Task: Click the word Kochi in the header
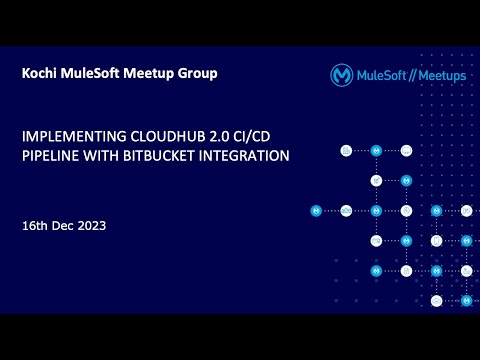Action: [39, 74]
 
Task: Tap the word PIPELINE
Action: [50, 156]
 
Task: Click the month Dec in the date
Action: [65, 226]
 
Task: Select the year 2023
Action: [92, 226]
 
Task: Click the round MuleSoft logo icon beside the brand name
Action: [342, 75]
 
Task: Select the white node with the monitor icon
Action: [346, 150]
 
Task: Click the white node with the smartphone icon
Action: [436, 241]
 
